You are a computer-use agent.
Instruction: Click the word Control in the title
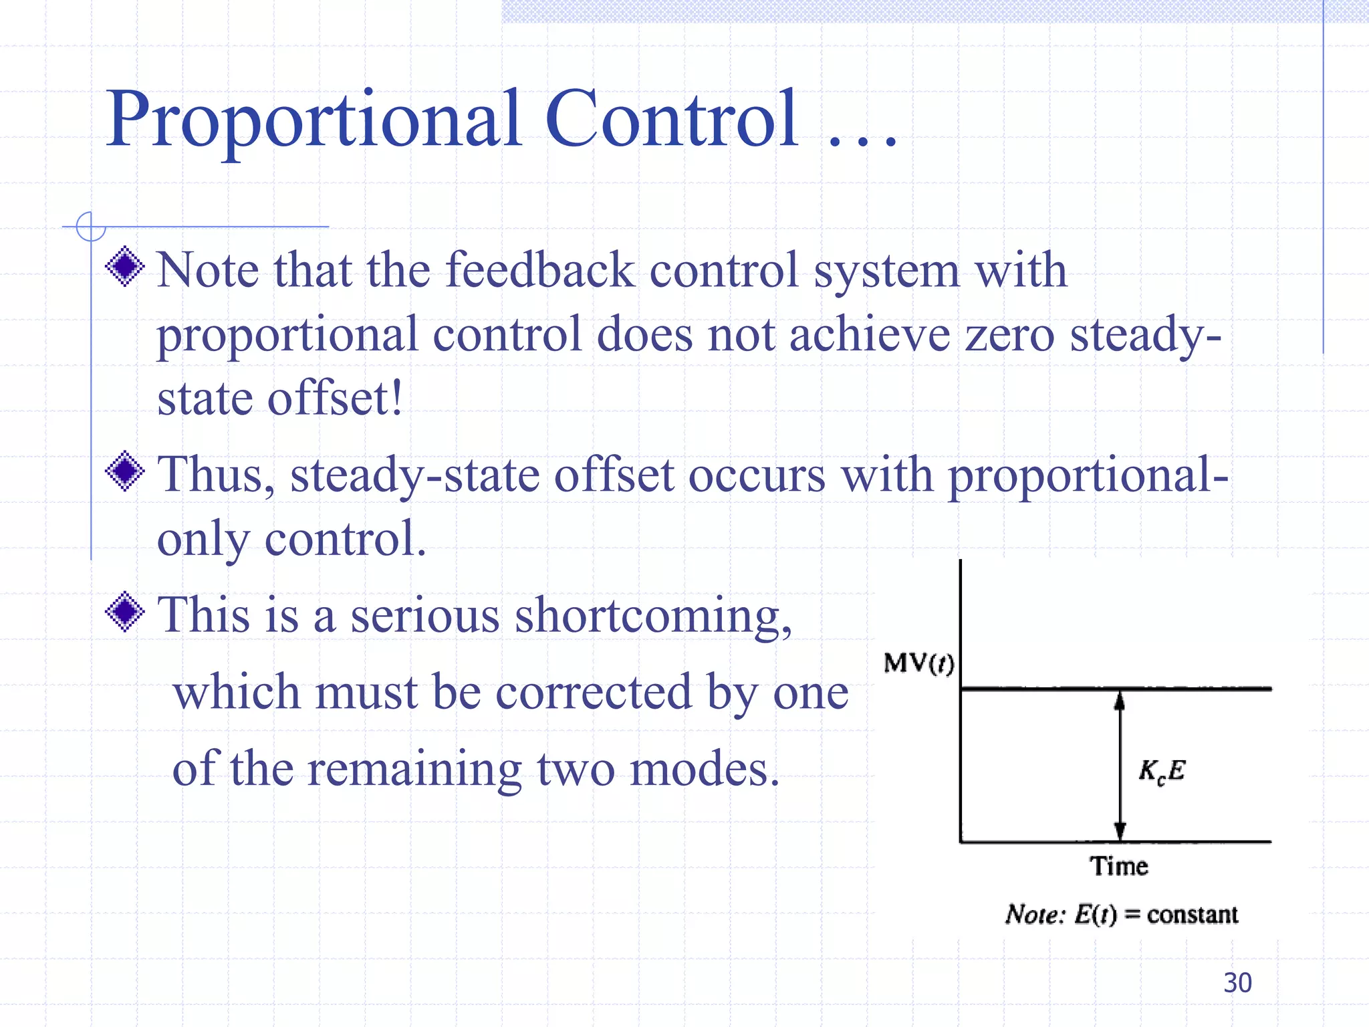(671, 120)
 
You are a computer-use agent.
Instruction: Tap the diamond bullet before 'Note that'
(125, 267)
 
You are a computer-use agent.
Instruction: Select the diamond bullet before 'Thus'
(125, 471)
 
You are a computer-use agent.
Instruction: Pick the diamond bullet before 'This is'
(125, 612)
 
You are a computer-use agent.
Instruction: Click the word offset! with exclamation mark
(335, 398)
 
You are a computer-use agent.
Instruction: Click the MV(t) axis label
(918, 663)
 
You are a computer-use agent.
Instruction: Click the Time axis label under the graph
(1118, 866)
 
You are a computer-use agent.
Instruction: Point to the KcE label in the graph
(1161, 771)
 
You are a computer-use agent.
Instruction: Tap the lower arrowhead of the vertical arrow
(1120, 830)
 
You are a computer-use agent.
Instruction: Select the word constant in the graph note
(1192, 914)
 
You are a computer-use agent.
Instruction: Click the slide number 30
(1237, 983)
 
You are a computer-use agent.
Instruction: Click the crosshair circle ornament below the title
(91, 227)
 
